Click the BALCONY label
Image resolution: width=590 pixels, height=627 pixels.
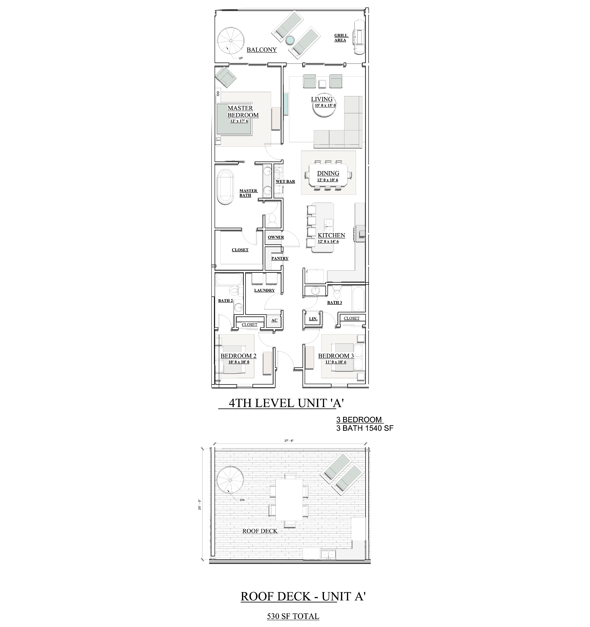[x=261, y=50]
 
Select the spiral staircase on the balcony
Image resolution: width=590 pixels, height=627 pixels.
[x=230, y=41]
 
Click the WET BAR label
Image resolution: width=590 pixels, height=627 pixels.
[x=285, y=181]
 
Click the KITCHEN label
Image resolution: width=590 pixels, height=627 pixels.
[x=331, y=235]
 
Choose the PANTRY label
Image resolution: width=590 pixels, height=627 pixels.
[x=280, y=258]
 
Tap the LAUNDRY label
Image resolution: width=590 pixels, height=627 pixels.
[x=264, y=290]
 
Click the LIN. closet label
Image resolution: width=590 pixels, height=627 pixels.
[x=313, y=319]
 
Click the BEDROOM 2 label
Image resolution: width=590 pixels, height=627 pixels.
[x=239, y=356]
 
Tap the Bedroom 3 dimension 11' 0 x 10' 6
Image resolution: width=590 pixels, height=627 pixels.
[x=336, y=362]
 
